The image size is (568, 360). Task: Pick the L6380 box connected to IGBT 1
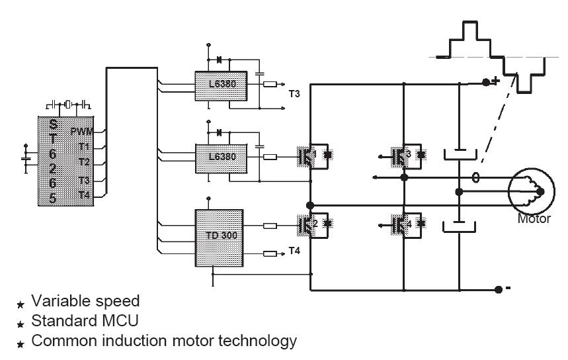pyautogui.click(x=220, y=157)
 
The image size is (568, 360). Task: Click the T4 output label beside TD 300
pyautogui.click(x=295, y=252)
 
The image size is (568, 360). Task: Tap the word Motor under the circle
pyautogui.click(x=533, y=218)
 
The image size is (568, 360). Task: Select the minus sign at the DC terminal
pyautogui.click(x=508, y=289)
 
